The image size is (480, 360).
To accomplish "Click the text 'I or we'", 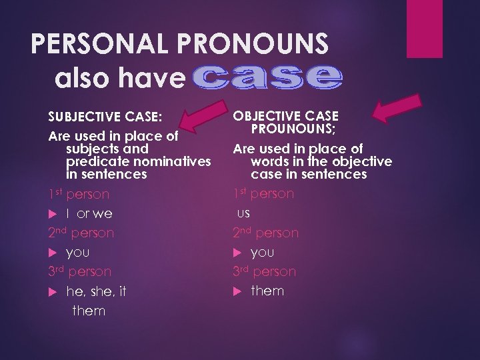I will pyautogui.click(x=89, y=213).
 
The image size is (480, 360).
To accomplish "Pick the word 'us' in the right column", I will pyautogui.click(x=243, y=213).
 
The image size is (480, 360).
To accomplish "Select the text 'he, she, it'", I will pyautogui.click(x=96, y=291).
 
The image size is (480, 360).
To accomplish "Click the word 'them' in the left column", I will pyautogui.click(x=89, y=311).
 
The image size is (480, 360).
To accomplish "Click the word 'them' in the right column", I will pyautogui.click(x=267, y=291).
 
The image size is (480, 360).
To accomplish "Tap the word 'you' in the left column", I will pyautogui.click(x=78, y=253).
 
